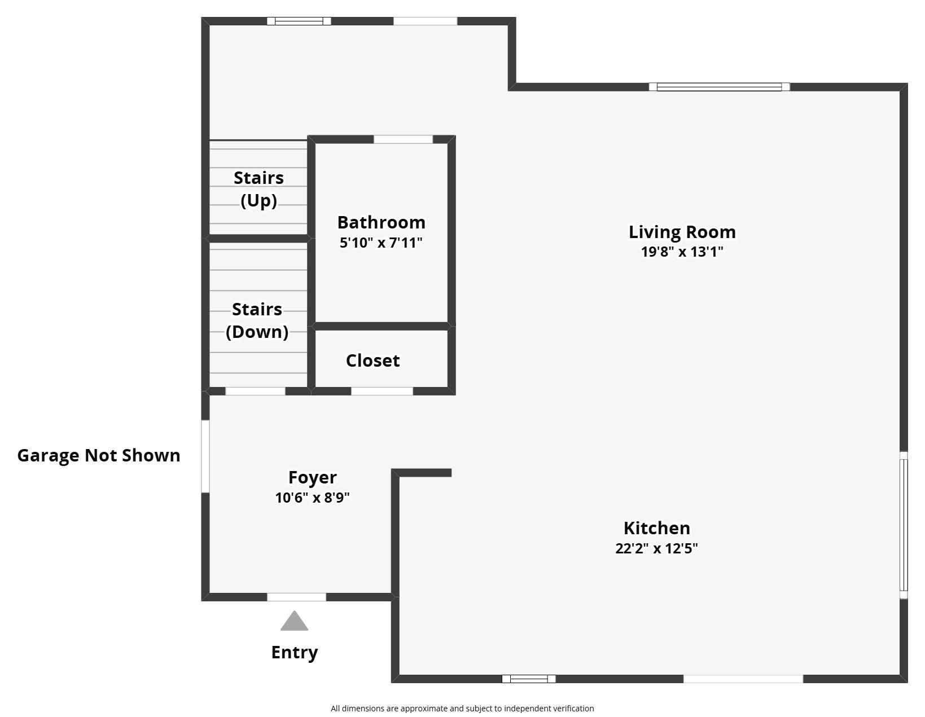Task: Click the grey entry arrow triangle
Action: click(x=294, y=622)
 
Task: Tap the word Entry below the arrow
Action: click(x=294, y=652)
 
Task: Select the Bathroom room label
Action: click(x=381, y=222)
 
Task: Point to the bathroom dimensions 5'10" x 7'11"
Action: click(x=381, y=243)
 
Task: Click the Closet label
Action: click(x=372, y=360)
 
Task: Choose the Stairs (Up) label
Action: click(x=258, y=189)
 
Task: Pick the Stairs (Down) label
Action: click(x=257, y=320)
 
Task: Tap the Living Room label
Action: click(x=682, y=232)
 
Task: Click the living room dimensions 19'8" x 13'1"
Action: click(x=682, y=252)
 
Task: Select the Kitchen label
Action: click(x=656, y=528)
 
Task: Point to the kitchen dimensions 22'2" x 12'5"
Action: click(x=656, y=548)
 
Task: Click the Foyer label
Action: click(x=312, y=477)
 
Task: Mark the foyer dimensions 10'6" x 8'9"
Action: click(x=312, y=498)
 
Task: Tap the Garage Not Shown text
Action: click(x=99, y=455)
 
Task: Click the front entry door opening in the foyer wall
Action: click(x=296, y=597)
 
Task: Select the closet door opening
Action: click(x=382, y=391)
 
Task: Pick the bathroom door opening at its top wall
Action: click(x=403, y=139)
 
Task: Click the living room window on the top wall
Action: click(x=719, y=87)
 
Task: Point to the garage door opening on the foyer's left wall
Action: click(x=205, y=456)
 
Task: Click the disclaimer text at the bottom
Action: click(x=462, y=709)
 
